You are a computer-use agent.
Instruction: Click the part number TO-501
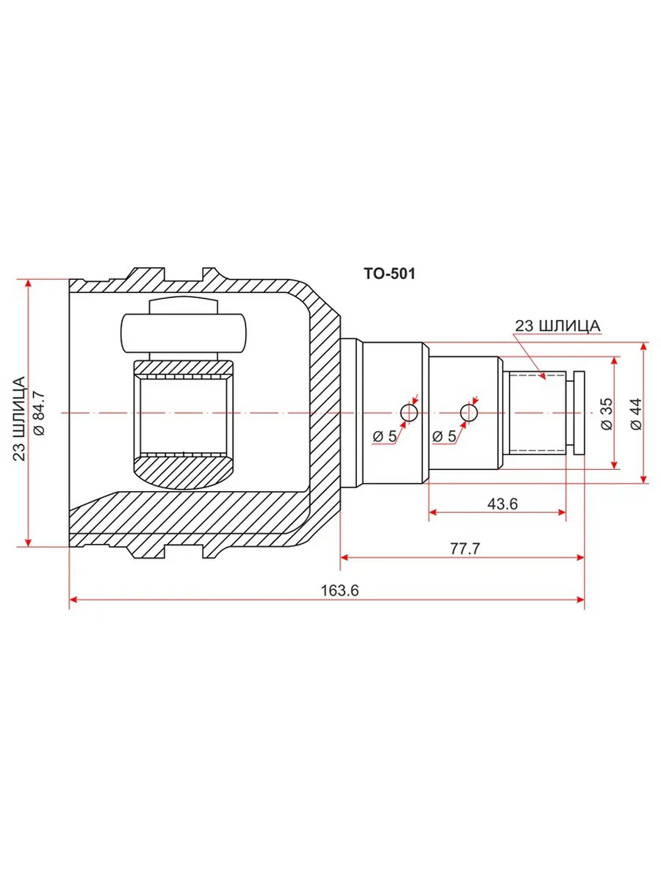point(389,274)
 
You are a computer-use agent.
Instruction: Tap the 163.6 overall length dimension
point(339,590)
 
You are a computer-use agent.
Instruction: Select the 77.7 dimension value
point(465,548)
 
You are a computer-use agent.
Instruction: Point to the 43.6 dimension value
point(502,504)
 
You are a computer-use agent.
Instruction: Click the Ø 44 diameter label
point(636,414)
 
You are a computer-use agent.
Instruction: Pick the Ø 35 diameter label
point(607,414)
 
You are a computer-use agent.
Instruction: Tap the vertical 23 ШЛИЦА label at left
point(19,418)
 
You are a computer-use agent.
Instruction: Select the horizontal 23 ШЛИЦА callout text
point(557,326)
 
